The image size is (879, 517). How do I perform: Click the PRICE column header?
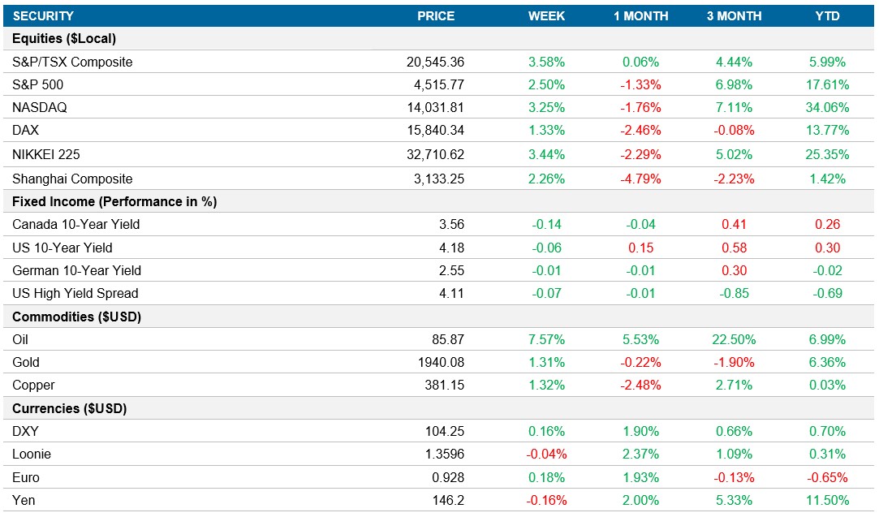[436, 16]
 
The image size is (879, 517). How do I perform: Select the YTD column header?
[827, 16]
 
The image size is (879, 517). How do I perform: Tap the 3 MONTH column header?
[734, 16]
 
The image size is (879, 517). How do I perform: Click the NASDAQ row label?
[38, 107]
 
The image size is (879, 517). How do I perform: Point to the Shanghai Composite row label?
[72, 179]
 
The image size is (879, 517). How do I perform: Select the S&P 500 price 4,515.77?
[435, 84]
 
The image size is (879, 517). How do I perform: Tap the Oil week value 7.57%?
[546, 339]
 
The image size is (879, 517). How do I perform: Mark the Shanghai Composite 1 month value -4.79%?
[640, 179]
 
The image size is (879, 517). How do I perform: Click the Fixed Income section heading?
[114, 201]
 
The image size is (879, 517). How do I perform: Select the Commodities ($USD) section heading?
[77, 317]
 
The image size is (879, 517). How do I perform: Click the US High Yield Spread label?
[75, 293]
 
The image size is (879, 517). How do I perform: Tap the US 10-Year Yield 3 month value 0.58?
[734, 248]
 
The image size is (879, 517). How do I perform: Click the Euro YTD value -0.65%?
[827, 477]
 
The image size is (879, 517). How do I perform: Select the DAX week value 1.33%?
[546, 130]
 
